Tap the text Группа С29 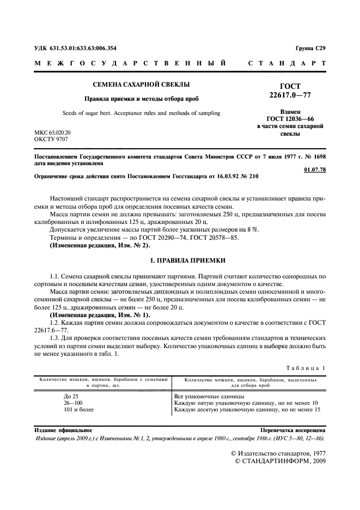(310, 48)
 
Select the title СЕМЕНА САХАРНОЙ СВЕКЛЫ (141, 84)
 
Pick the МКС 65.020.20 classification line (52, 132)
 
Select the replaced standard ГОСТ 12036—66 (290, 118)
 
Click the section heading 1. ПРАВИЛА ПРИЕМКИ (180, 260)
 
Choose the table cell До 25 (71, 396)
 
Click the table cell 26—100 (73, 403)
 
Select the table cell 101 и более (78, 410)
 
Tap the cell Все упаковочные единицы (209, 396)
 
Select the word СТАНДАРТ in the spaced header (287, 64)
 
